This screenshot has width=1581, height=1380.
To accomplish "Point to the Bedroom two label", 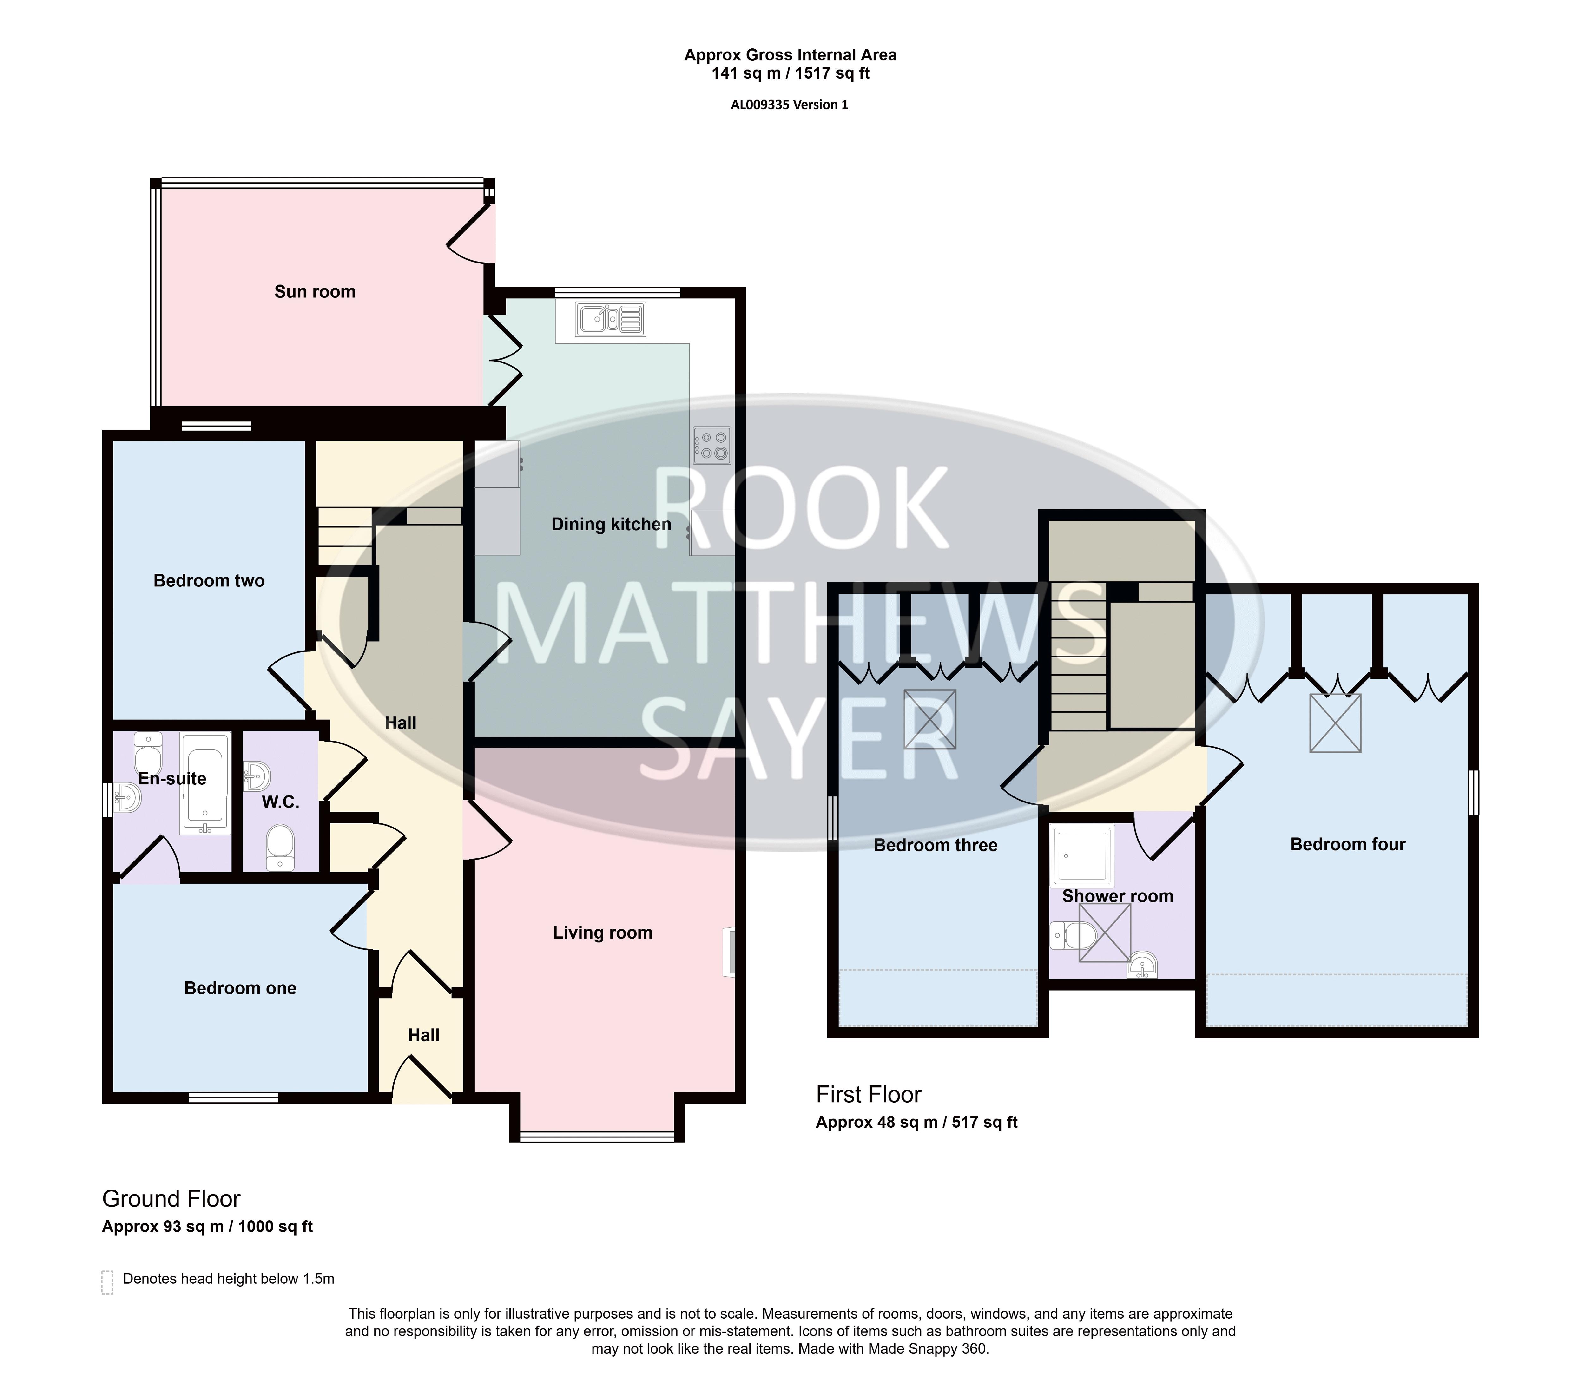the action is [209, 581].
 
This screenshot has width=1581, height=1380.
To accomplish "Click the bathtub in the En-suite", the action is [205, 783].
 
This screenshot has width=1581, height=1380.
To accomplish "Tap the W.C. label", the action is [280, 802].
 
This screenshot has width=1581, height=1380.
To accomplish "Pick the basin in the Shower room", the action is [1143, 965].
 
